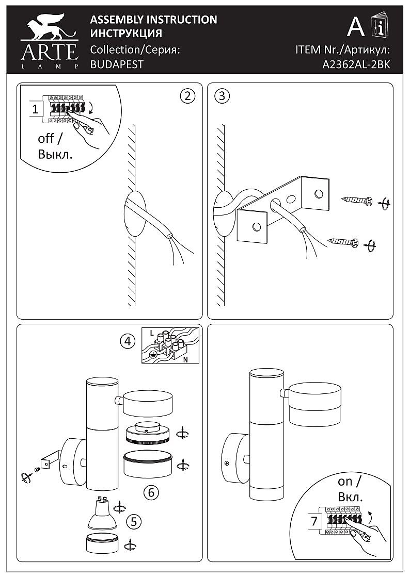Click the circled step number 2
point(187,95)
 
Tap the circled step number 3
point(222,95)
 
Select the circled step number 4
point(128,341)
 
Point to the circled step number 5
point(134,521)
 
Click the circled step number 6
point(151,492)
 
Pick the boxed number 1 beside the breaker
point(35,109)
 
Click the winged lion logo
point(49,29)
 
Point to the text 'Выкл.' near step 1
point(55,154)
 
